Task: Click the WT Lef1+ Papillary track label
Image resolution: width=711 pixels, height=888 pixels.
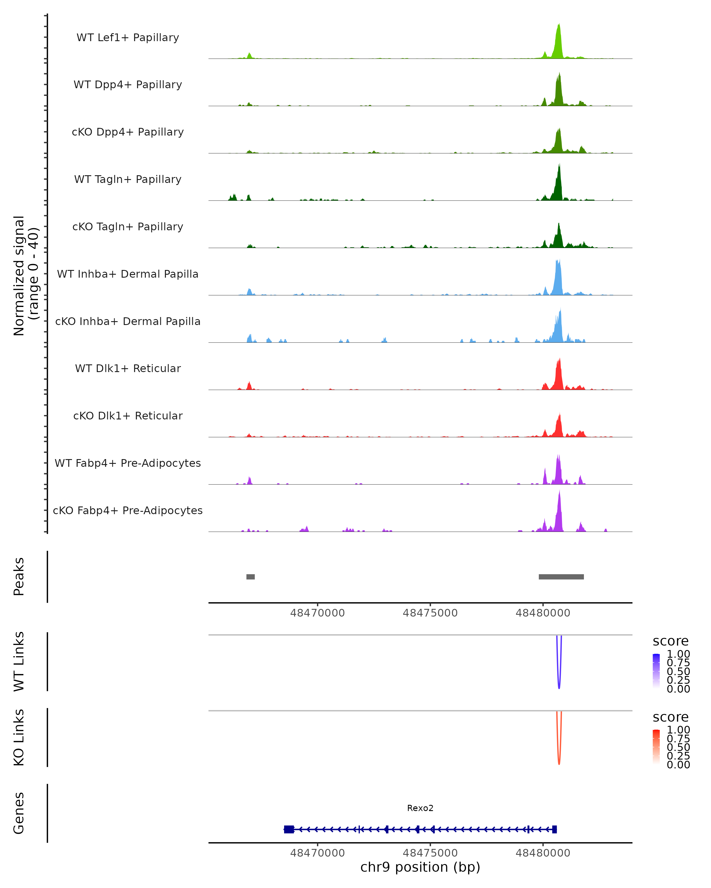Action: pos(128,38)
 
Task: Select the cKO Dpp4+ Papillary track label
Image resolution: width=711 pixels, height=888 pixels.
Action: pos(128,132)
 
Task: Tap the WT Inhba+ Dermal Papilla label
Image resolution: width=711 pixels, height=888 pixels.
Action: pos(128,274)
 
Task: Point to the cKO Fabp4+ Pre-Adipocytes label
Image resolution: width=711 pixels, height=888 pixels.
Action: pos(128,511)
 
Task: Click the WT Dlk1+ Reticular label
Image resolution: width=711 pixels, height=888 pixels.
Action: pos(128,369)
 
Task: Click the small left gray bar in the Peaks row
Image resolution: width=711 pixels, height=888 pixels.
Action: pos(251,577)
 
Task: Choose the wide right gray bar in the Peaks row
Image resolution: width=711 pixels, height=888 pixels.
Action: pos(561,577)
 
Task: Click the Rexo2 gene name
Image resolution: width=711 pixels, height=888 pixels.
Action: pos(420,808)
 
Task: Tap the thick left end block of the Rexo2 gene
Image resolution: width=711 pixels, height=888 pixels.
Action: pos(289,829)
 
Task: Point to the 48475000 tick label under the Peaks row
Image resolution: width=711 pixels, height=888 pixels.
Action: pos(430,613)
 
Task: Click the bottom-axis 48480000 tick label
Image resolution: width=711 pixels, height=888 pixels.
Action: pos(543,853)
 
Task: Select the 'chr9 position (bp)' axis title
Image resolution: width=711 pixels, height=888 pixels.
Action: pos(420,867)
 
